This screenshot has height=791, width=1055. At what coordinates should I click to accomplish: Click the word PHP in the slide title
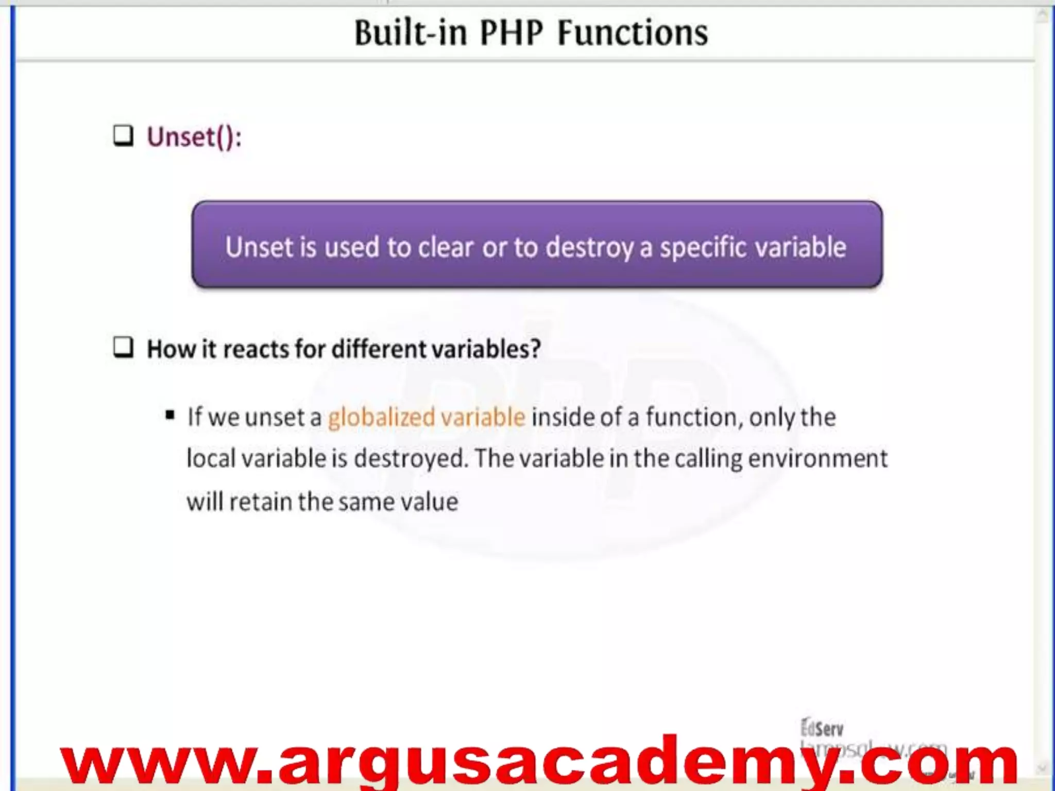pyautogui.click(x=511, y=33)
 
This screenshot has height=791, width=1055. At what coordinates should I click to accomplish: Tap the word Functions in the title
pyautogui.click(x=633, y=33)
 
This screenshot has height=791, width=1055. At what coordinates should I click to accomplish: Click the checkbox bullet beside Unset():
pyautogui.click(x=123, y=136)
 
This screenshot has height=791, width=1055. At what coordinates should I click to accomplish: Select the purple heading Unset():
pyautogui.click(x=194, y=137)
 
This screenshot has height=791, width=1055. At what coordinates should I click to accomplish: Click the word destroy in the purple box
pyautogui.click(x=589, y=248)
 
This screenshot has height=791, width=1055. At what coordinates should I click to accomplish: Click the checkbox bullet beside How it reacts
pyautogui.click(x=123, y=348)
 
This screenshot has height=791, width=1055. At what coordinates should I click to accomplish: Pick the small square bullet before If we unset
pyautogui.click(x=170, y=415)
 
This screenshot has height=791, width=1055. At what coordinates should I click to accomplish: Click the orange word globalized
pyautogui.click(x=381, y=417)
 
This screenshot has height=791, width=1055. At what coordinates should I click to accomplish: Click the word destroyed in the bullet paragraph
pyautogui.click(x=411, y=458)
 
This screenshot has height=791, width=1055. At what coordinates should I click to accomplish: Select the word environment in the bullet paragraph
pyautogui.click(x=818, y=458)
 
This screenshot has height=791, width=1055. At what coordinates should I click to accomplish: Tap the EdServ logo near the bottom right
pyautogui.click(x=822, y=728)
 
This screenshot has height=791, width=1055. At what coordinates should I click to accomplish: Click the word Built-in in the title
pyautogui.click(x=411, y=33)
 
